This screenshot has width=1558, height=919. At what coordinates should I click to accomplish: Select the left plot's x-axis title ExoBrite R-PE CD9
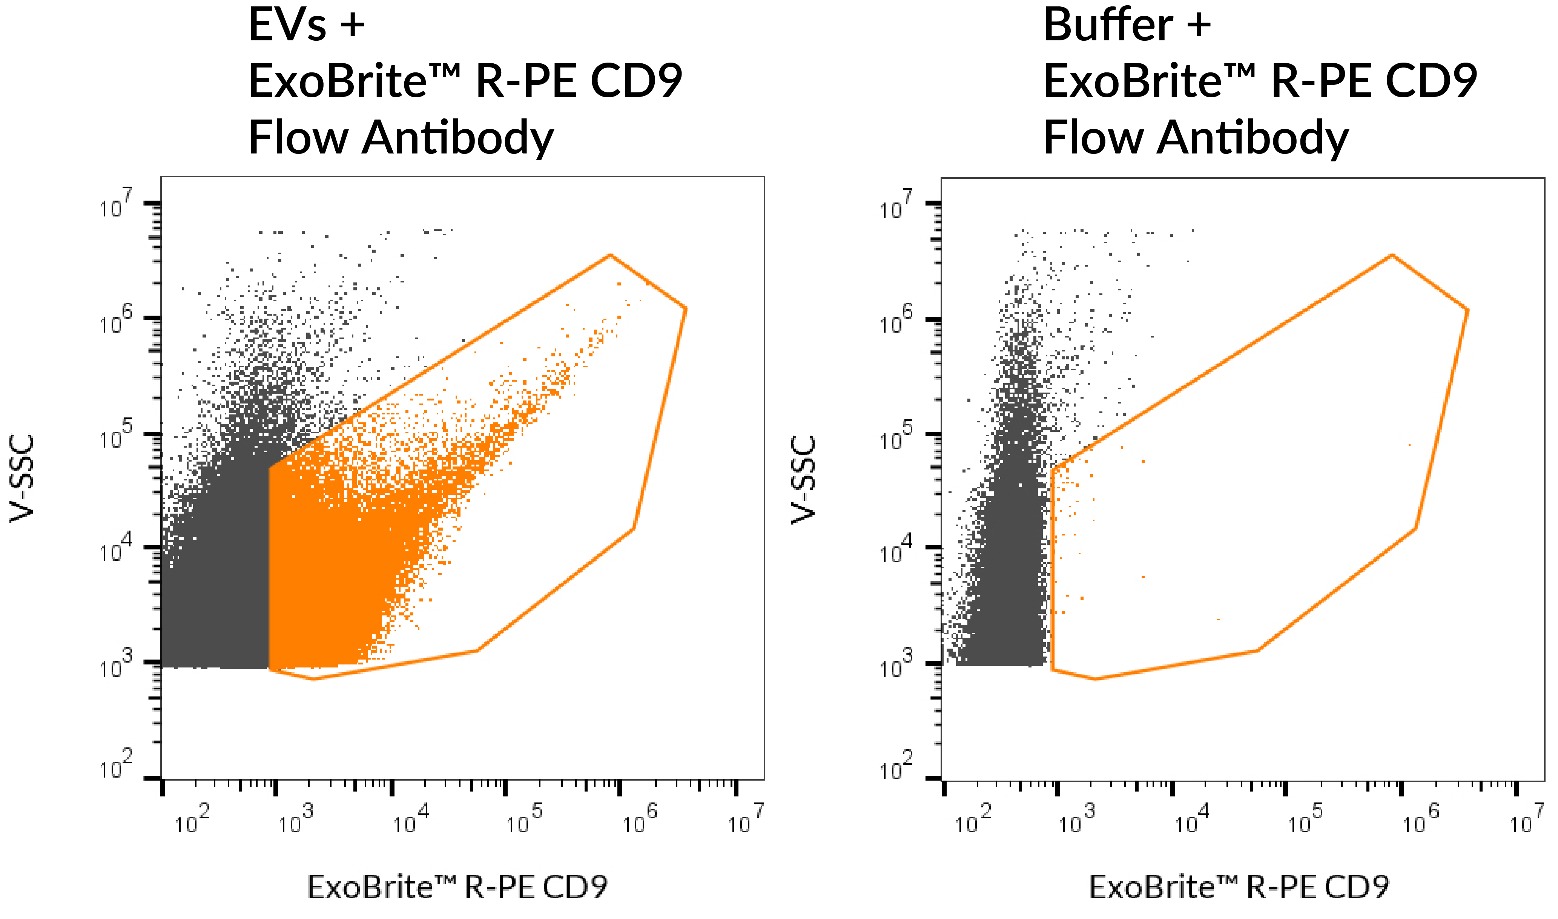pos(457,887)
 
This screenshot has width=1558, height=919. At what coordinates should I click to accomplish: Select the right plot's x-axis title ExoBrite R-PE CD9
pos(1239,887)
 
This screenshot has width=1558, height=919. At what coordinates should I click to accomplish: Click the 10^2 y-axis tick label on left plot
pos(116,766)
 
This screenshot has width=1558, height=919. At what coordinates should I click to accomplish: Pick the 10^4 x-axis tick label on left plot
pos(411,821)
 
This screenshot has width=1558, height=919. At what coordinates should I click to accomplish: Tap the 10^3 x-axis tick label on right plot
pos(1077,821)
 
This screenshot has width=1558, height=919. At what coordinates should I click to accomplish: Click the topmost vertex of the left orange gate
pos(610,255)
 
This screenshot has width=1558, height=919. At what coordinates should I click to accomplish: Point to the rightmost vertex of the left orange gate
pos(686,308)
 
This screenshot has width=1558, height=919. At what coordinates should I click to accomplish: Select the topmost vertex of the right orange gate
pos(1391,255)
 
